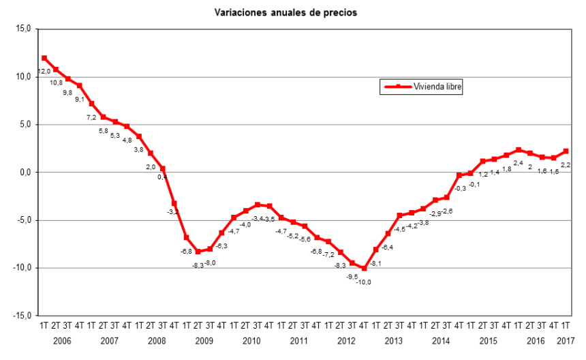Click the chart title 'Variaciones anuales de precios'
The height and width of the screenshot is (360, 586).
[286, 12]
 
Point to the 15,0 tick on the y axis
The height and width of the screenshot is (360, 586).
[25, 29]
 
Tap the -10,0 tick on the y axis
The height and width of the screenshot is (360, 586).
[23, 268]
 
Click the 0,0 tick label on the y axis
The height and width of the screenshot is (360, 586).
[26, 172]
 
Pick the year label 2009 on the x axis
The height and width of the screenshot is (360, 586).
[204, 340]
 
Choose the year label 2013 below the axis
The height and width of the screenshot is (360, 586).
[393, 340]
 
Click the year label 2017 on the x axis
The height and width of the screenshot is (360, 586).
[566, 340]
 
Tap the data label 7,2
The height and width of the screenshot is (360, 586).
[91, 117]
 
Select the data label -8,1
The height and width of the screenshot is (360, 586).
[376, 262]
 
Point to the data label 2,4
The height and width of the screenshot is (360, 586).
[518, 162]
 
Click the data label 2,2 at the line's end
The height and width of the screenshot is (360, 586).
[565, 164]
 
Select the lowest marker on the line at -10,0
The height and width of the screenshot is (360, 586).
[364, 269]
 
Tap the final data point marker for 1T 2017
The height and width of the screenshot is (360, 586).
[566, 151]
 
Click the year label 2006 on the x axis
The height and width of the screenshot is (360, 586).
[62, 340]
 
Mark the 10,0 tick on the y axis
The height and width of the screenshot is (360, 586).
[25, 76]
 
